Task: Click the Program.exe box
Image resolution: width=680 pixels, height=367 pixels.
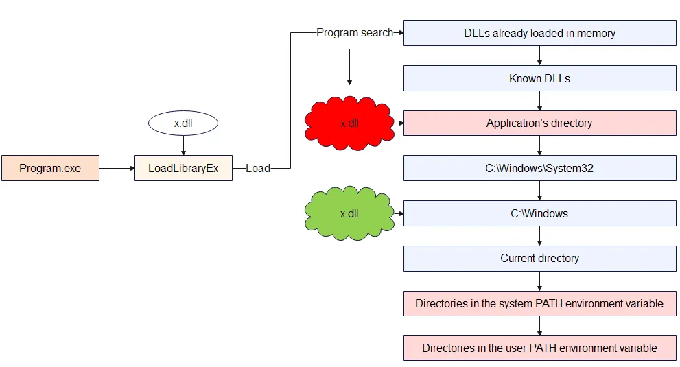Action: click(x=50, y=168)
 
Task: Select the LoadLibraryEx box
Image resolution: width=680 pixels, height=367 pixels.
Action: click(x=183, y=168)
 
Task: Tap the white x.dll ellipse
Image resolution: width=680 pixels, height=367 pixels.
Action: click(x=183, y=123)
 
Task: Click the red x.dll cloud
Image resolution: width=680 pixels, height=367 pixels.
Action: click(x=349, y=123)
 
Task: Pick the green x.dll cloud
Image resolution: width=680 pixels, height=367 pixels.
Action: click(x=349, y=213)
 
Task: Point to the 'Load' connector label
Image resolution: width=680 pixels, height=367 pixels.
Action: click(x=258, y=168)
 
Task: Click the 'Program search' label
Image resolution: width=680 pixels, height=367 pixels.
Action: click(x=355, y=32)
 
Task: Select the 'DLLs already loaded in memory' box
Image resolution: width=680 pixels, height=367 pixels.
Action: click(x=539, y=33)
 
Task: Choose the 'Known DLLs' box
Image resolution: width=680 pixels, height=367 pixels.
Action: click(x=539, y=78)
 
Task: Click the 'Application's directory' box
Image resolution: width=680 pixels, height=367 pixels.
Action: click(x=539, y=123)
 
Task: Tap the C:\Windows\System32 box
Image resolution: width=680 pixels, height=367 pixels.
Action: click(x=539, y=168)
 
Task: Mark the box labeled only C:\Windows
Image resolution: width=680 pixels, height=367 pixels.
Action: click(x=539, y=213)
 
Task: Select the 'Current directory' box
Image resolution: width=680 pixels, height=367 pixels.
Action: click(x=539, y=259)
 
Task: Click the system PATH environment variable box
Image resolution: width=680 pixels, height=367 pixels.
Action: click(x=539, y=303)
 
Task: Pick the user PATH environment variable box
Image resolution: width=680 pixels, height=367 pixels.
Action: click(x=539, y=348)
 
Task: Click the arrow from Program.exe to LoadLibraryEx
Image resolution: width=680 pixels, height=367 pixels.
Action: click(x=117, y=168)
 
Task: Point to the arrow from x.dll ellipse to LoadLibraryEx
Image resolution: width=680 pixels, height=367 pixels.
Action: click(x=183, y=145)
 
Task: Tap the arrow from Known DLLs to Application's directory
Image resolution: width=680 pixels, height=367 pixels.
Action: click(x=540, y=101)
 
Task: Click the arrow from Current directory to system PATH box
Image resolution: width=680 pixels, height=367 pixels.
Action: click(x=540, y=281)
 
